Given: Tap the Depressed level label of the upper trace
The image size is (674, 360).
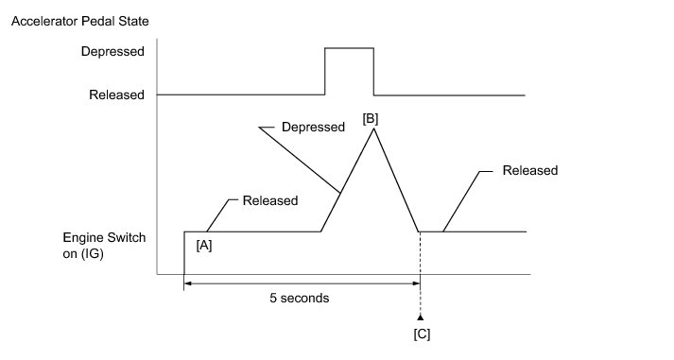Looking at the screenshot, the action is [x=112, y=52].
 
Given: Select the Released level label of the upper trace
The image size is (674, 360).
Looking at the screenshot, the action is [x=116, y=94].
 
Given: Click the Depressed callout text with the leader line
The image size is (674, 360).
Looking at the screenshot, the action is [x=313, y=127].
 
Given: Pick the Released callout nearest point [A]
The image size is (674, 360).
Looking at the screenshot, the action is [x=270, y=200].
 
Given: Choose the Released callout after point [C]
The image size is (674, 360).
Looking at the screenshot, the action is [x=530, y=170].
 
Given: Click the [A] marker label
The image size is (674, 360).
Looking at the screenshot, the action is [x=204, y=246].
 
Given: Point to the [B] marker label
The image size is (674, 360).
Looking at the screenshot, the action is [x=371, y=118].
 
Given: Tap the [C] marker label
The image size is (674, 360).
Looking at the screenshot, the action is [x=422, y=334].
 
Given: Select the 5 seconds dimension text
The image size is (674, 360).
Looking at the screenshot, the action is [x=300, y=298].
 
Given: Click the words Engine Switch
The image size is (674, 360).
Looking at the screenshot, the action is [x=104, y=237].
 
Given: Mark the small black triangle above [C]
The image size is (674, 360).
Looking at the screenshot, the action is [x=421, y=317].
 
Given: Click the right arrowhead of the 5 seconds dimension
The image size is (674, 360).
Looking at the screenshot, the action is [x=416, y=283].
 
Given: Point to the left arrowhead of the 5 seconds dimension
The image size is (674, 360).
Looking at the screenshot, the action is [x=188, y=283].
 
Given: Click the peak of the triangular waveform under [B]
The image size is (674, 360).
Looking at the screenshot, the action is [x=373, y=129].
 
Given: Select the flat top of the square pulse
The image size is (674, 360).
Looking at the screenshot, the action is [x=349, y=48].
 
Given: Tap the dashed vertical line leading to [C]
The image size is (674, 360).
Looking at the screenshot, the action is [x=420, y=273].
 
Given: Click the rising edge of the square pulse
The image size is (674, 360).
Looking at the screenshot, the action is [x=324, y=71].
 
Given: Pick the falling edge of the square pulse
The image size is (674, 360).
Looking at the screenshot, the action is [x=373, y=71].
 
